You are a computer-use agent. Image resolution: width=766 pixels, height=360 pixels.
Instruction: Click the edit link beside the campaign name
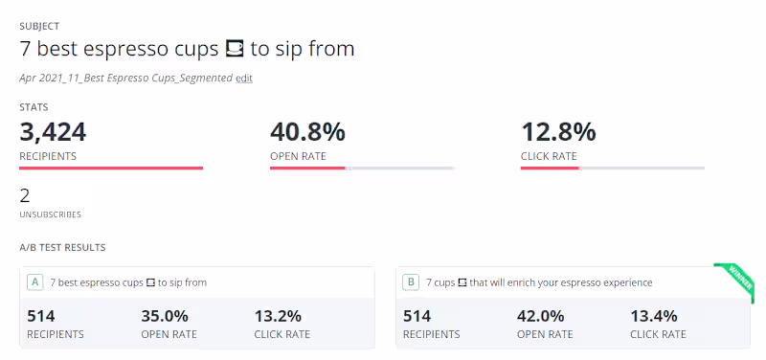point(244,79)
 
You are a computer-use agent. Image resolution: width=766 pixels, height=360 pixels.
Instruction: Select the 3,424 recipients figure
point(53,132)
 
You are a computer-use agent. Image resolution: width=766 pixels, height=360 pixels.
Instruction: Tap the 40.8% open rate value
point(307,132)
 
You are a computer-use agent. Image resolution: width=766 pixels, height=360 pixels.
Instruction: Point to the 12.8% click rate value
point(558,132)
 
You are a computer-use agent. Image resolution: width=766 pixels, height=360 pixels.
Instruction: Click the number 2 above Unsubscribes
point(25,196)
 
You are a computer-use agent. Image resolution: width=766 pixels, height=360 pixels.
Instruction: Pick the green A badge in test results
point(34,282)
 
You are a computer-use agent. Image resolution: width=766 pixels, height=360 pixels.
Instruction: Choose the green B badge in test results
point(411,282)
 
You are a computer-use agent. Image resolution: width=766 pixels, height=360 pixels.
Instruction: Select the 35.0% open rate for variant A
point(165,317)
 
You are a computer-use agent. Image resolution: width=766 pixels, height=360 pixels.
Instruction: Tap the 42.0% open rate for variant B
point(541,317)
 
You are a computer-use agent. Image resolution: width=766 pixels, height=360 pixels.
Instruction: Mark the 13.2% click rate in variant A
point(278,317)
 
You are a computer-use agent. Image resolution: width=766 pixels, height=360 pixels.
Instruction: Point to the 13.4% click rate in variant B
point(654,317)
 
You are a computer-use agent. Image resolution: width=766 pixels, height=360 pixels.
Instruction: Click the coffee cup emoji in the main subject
point(235,49)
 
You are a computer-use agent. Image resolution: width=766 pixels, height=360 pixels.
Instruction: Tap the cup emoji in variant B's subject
point(462,282)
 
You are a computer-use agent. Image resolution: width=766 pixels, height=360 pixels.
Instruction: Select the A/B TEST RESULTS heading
point(62,248)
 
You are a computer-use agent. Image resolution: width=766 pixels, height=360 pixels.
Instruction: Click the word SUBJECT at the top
point(39,26)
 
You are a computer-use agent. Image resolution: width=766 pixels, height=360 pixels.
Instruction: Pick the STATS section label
point(34,107)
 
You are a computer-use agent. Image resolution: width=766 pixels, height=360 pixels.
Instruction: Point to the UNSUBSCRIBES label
point(51,214)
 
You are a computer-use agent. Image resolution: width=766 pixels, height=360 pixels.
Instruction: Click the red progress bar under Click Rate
point(550,169)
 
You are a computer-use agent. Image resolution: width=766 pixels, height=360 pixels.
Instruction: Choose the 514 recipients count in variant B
point(417,317)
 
